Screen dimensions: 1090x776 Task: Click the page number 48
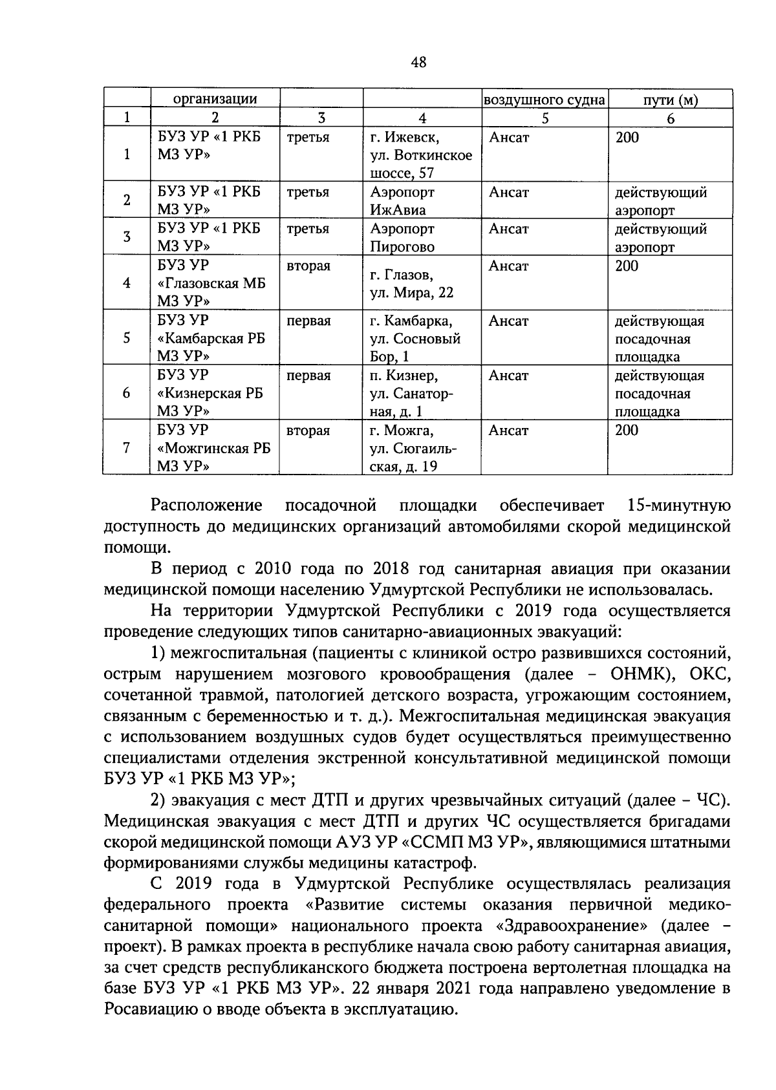pyautogui.click(x=418, y=62)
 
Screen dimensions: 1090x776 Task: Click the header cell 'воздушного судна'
pyautogui.click(x=544, y=100)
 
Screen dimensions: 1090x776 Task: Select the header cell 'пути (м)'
pyautogui.click(x=670, y=100)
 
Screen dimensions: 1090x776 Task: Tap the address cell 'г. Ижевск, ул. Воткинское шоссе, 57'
pyautogui.click(x=421, y=155)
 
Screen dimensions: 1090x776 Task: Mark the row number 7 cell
pyautogui.click(x=126, y=447)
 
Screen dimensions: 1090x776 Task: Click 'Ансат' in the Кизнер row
pyautogui.click(x=509, y=376)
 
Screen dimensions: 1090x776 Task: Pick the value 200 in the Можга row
pyautogui.click(x=627, y=431)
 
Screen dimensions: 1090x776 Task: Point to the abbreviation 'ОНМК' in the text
pyautogui.click(x=636, y=674)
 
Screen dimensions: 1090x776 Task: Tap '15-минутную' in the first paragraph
pyautogui.click(x=678, y=505)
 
